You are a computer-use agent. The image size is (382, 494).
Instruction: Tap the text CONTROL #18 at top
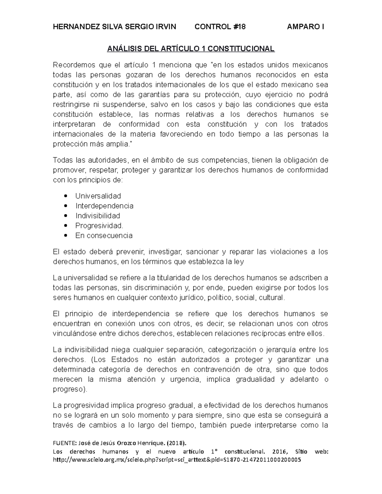click(x=220, y=27)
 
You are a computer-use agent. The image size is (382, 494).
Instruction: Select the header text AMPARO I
click(x=306, y=27)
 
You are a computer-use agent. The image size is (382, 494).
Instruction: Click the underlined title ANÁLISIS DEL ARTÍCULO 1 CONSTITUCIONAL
click(x=191, y=49)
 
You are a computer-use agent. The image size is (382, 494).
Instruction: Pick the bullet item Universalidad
click(x=98, y=196)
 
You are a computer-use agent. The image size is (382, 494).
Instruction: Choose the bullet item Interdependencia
click(x=104, y=206)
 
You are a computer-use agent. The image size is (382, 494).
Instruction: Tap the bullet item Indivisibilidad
click(x=98, y=216)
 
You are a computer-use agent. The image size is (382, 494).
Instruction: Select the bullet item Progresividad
click(x=99, y=226)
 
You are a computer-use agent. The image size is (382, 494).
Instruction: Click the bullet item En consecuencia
click(x=104, y=236)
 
